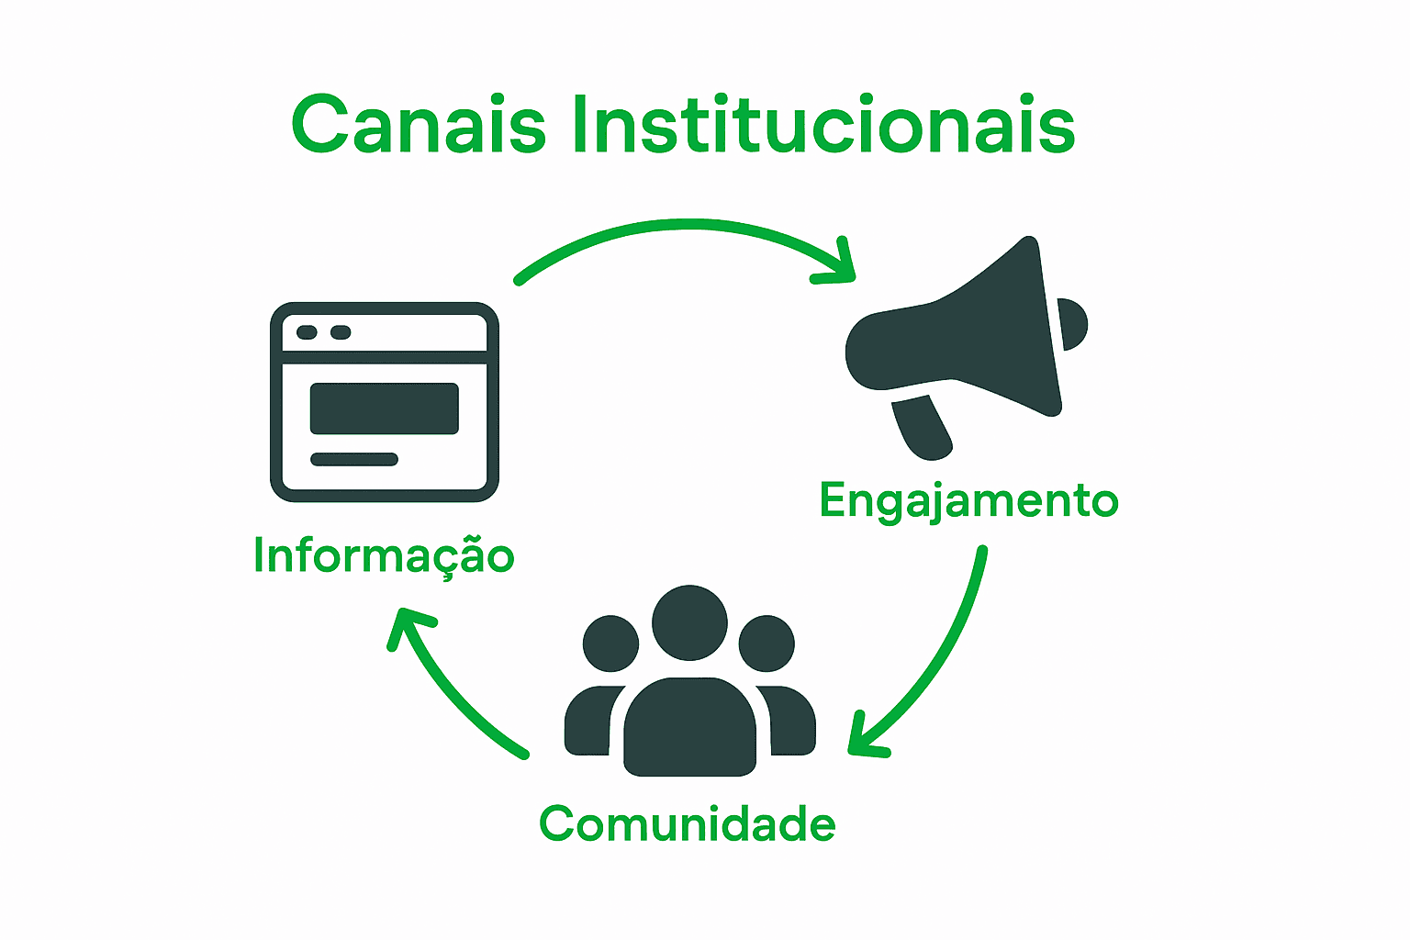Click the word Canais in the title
[x=419, y=125]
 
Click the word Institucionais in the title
[x=822, y=125]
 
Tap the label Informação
[x=384, y=556]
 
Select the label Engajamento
[x=968, y=501]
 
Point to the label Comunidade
[x=688, y=823]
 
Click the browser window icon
[x=385, y=402]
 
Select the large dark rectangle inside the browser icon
[x=384, y=408]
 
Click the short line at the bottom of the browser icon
[x=354, y=459]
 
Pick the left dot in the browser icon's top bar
[x=308, y=332]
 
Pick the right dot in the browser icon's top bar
[x=341, y=332]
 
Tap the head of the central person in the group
[x=689, y=622]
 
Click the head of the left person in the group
[x=610, y=643]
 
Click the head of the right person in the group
[x=767, y=643]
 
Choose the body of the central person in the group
[x=689, y=730]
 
